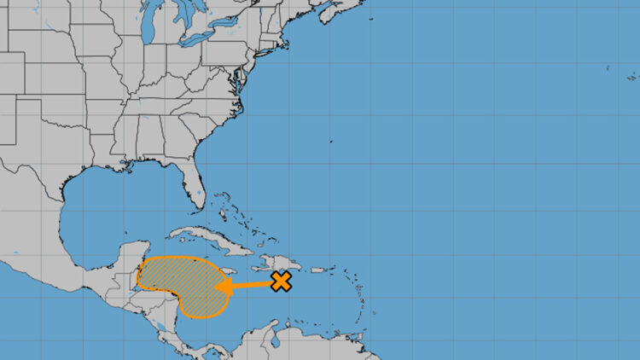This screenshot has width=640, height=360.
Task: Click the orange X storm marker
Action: coord(281,282)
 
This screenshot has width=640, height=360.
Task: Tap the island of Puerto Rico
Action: coord(317,270)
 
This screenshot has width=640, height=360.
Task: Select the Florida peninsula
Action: coord(198,188)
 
